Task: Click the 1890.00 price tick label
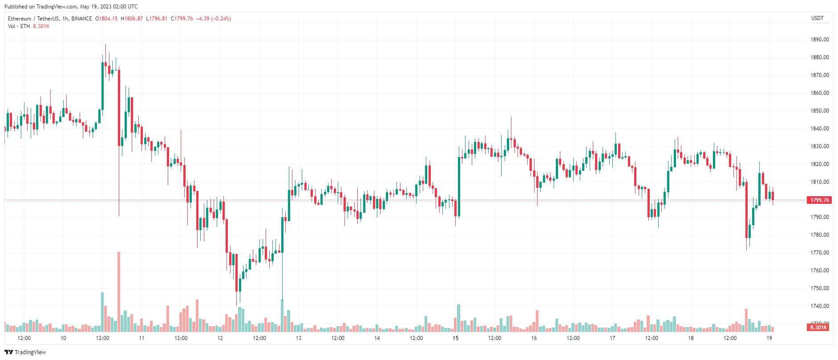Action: tap(819, 40)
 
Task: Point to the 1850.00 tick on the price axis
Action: tap(819, 111)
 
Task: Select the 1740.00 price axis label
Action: tap(819, 306)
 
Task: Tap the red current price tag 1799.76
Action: tap(819, 200)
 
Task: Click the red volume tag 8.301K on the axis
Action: tap(818, 328)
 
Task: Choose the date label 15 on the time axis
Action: tap(455, 338)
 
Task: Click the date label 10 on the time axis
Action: tap(63, 338)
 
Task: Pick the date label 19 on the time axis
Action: tap(769, 338)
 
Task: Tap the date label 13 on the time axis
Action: tap(299, 338)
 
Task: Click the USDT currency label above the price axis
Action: tap(817, 18)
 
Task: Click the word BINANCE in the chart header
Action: tap(81, 19)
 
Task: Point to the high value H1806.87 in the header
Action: tap(132, 19)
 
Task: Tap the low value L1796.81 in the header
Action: tap(157, 19)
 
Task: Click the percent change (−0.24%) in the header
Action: tap(221, 19)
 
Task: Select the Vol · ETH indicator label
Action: tap(19, 26)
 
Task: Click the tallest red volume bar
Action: tap(119, 291)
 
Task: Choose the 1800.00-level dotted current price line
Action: tap(401, 200)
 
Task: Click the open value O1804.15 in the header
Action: tap(106, 19)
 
